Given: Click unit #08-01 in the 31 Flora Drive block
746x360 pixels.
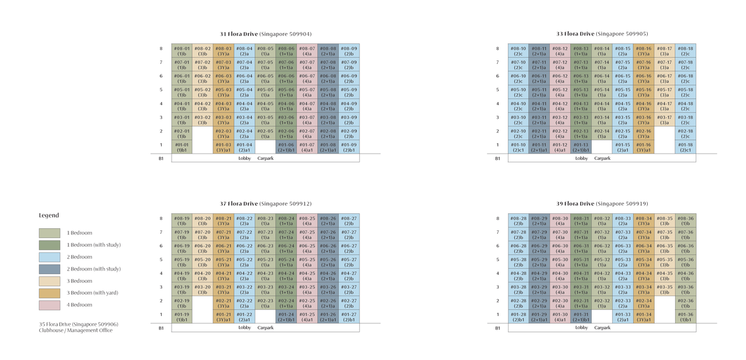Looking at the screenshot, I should [x=182, y=50].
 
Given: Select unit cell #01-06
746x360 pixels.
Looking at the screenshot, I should [x=287, y=147].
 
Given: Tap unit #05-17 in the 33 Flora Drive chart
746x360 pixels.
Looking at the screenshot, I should [x=664, y=91].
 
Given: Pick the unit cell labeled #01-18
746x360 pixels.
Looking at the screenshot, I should [x=686, y=147].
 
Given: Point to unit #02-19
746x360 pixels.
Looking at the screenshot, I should [x=182, y=303].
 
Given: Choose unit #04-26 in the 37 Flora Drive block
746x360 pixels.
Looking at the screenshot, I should [x=328, y=275].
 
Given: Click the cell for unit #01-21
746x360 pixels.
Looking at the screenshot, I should [x=224, y=316].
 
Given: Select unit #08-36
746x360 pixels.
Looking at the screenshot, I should [x=686, y=221].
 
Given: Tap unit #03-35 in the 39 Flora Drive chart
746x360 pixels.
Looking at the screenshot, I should [x=664, y=289].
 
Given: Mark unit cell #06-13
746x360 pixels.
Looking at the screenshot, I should [x=581, y=78].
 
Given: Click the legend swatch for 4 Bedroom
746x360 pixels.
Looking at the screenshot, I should [x=49, y=305].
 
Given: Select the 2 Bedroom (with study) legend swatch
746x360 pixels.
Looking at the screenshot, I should [x=49, y=269].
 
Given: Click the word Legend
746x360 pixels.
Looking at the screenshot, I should [x=49, y=215].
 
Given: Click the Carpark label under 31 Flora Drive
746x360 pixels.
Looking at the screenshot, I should [x=265, y=159].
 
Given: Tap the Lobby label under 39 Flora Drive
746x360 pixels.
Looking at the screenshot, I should [x=581, y=328].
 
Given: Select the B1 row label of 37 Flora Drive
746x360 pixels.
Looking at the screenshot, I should [x=160, y=328].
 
